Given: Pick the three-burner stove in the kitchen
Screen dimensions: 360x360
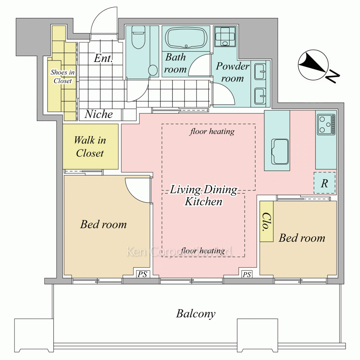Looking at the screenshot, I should click(x=326, y=124).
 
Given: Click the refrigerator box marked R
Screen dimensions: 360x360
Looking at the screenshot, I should click(x=324, y=184).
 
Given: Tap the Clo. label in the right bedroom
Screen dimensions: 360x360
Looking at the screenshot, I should click(x=266, y=222).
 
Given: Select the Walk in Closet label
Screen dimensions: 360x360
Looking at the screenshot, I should click(x=90, y=147).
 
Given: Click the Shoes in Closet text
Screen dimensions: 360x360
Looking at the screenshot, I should click(x=61, y=76).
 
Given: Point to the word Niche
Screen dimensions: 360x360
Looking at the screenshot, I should click(x=98, y=114).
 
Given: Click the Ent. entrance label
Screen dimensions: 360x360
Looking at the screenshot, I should click(x=103, y=58).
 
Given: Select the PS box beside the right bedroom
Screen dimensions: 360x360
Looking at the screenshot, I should click(x=247, y=275).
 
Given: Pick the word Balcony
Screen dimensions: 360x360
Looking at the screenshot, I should click(x=195, y=314).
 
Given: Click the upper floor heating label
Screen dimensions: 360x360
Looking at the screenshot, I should click(x=212, y=131).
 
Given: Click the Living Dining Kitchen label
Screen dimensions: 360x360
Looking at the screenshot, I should click(x=203, y=195).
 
